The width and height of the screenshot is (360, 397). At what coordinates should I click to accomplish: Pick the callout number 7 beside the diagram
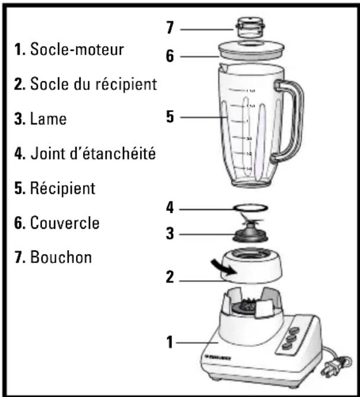click(x=170, y=28)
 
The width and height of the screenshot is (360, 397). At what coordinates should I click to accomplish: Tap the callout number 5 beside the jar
click(x=170, y=117)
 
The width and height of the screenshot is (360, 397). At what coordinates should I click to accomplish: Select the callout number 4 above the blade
click(x=170, y=209)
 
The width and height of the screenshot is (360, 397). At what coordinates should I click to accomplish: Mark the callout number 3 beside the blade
click(x=170, y=233)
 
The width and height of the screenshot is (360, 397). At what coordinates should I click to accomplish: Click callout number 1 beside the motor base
click(x=170, y=341)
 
